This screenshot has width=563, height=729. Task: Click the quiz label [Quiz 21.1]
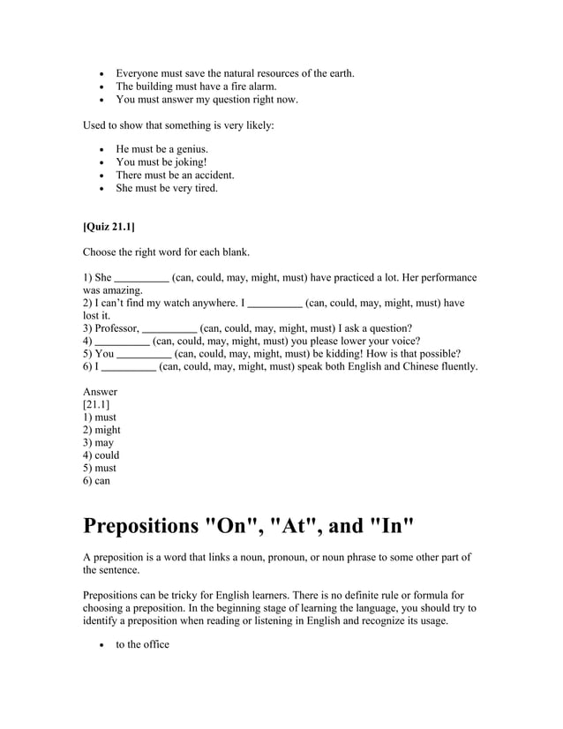[x=109, y=227]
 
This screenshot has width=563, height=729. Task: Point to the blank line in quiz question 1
[x=142, y=278]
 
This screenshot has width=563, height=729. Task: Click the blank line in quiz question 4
[x=122, y=342]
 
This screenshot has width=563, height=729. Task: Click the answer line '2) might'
[x=101, y=430]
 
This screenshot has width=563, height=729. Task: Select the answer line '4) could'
[x=101, y=455]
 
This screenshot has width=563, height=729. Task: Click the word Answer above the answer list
[x=100, y=392]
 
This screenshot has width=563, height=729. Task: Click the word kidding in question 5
[x=337, y=354]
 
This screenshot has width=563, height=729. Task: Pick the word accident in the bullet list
[x=213, y=175]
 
